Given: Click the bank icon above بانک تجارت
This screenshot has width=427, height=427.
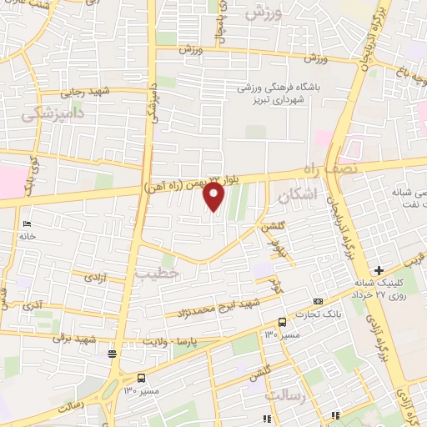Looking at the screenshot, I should pyautogui.click(x=316, y=301).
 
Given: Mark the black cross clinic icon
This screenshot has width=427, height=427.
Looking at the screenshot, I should pyautogui.click(x=379, y=269).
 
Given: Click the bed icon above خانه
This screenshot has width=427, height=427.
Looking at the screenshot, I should pyautogui.click(x=26, y=224).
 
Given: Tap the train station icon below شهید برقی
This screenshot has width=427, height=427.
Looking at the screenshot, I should pyautogui.click(x=112, y=354).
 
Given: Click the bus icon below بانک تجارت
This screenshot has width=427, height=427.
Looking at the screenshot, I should pyautogui.click(x=282, y=322).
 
